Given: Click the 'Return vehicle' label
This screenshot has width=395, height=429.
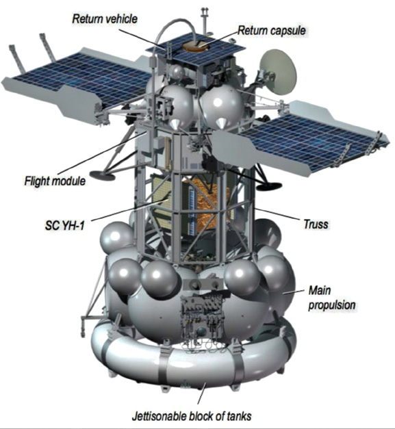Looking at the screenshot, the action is click(x=105, y=19).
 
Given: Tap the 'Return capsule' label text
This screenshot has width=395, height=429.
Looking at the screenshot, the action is click(x=271, y=30).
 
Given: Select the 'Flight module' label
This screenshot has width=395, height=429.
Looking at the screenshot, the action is click(x=55, y=181).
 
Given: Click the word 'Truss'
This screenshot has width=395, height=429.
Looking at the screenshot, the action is click(x=316, y=224).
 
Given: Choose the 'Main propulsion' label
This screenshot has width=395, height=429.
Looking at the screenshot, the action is click(x=332, y=298).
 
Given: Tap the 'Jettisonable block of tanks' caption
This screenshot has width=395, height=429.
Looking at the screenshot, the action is click(x=192, y=416).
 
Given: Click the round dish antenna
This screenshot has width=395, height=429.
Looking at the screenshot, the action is click(x=278, y=72).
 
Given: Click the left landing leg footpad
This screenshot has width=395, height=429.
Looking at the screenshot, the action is click(x=103, y=175).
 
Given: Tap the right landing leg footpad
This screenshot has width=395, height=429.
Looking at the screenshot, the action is click(x=269, y=186).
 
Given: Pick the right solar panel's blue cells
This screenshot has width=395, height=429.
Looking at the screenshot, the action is click(x=309, y=140).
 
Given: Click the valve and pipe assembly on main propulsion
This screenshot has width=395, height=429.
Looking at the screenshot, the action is click(x=202, y=317).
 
